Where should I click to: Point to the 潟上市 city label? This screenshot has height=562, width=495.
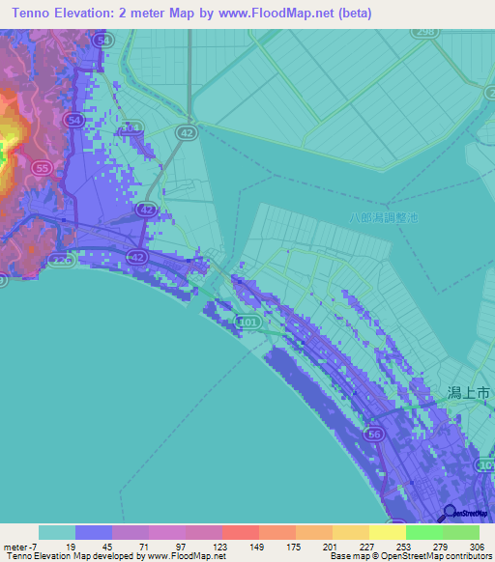[470, 394]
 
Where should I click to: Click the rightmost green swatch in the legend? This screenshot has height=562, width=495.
[461, 532]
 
